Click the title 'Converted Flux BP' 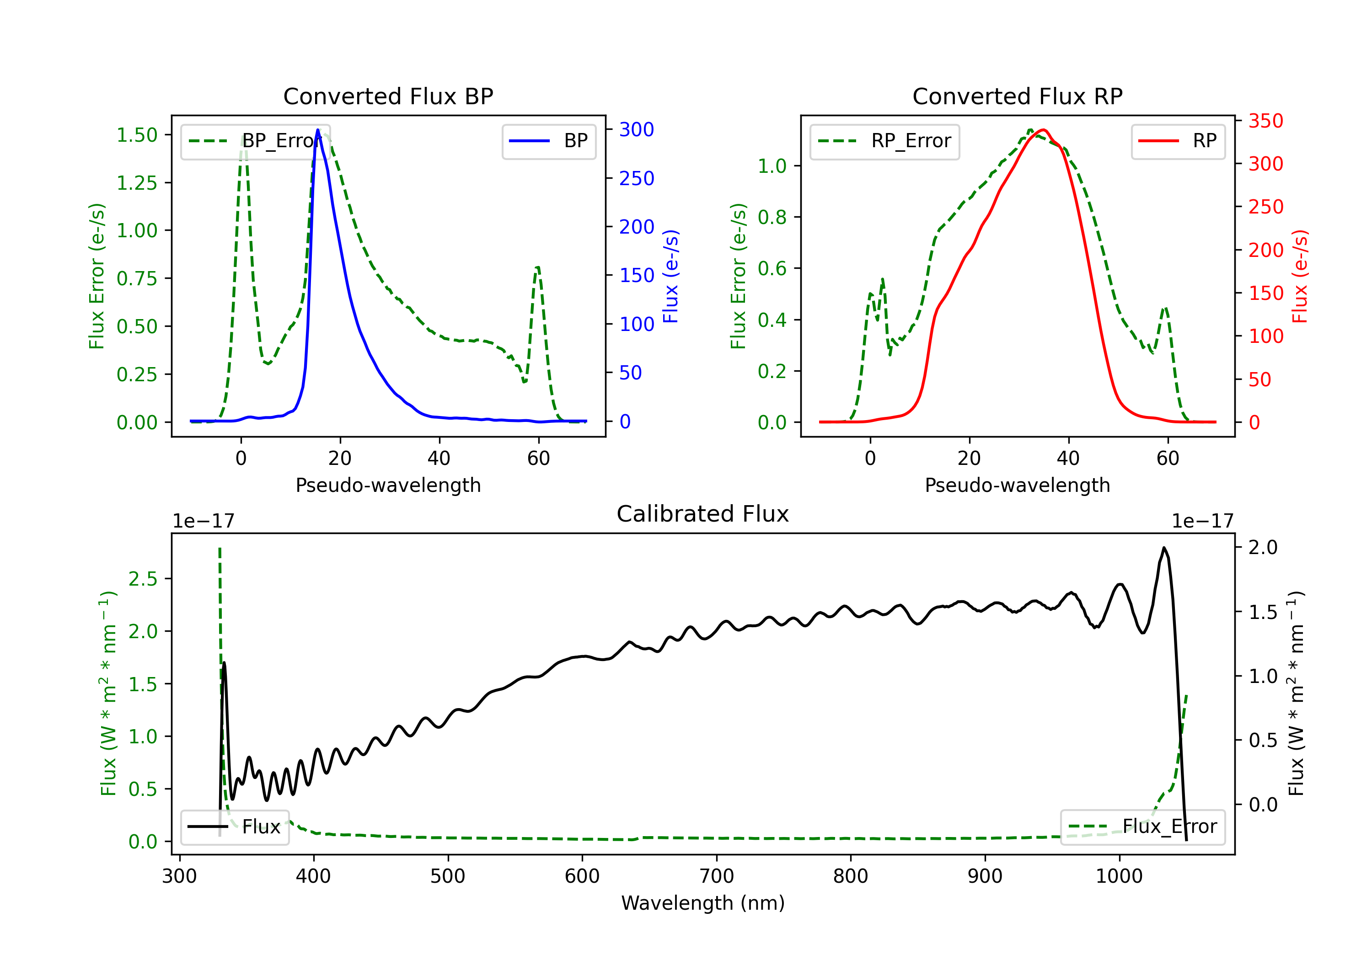pyautogui.click(x=388, y=96)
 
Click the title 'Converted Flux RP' pyautogui.click(x=1017, y=96)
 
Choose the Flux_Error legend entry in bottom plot pyautogui.click(x=1142, y=827)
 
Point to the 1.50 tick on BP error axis pyautogui.click(x=137, y=135)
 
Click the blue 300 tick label pyautogui.click(x=637, y=130)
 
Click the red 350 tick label pyautogui.click(x=1265, y=121)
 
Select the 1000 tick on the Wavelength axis pyautogui.click(x=1119, y=876)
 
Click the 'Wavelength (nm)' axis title pyautogui.click(x=703, y=903)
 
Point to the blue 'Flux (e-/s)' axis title pyautogui.click(x=671, y=277)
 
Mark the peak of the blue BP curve pyautogui.click(x=318, y=130)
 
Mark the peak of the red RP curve pyautogui.click(x=1043, y=130)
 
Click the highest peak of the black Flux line pyautogui.click(x=1163, y=547)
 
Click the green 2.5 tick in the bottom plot pyautogui.click(x=143, y=579)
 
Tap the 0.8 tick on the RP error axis pyautogui.click(x=772, y=217)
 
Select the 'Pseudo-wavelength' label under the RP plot pyautogui.click(x=1017, y=485)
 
